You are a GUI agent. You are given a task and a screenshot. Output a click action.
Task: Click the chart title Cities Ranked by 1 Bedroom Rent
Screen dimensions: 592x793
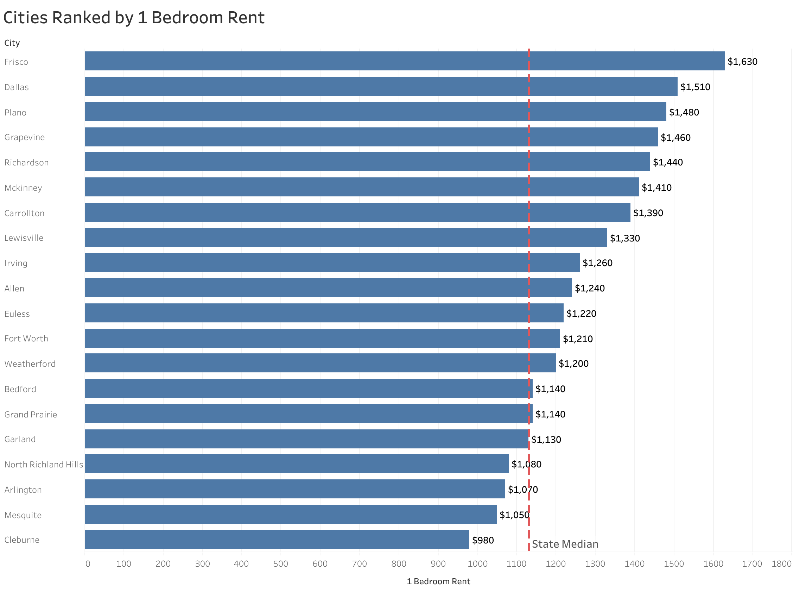point(134,18)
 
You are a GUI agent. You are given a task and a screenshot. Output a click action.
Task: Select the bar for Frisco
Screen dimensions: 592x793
point(404,61)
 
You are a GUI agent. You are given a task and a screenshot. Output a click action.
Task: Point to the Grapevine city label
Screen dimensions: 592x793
point(24,137)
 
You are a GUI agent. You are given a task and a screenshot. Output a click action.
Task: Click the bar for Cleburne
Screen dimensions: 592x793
point(277,540)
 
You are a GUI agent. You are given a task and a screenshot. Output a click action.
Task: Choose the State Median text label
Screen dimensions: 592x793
point(564,544)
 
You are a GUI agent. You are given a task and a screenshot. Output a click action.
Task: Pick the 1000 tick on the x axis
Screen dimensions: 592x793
point(477,564)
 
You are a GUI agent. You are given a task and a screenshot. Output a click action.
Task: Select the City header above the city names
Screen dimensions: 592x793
point(12,43)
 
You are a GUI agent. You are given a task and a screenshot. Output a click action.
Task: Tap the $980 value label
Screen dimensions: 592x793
point(482,540)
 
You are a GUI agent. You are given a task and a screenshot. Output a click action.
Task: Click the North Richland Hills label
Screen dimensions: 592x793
point(43,465)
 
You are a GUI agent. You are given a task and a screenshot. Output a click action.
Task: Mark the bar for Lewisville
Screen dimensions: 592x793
point(345,238)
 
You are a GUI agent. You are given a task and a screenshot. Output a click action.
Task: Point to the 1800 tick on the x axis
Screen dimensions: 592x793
point(781,564)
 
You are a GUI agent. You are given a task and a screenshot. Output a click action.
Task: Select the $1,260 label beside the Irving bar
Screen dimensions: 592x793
point(597,263)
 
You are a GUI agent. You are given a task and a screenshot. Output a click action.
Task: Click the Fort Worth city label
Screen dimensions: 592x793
point(26,339)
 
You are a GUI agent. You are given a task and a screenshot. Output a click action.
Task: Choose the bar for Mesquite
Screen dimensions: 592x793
point(290,514)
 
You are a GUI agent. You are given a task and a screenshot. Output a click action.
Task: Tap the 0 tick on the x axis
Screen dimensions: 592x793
point(88,564)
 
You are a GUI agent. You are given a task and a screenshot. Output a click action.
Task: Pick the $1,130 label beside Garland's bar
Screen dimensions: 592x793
point(546,440)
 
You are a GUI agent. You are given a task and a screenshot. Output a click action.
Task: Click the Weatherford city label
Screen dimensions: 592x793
point(30,364)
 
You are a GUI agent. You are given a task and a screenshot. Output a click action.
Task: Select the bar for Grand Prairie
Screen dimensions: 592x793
point(308,414)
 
